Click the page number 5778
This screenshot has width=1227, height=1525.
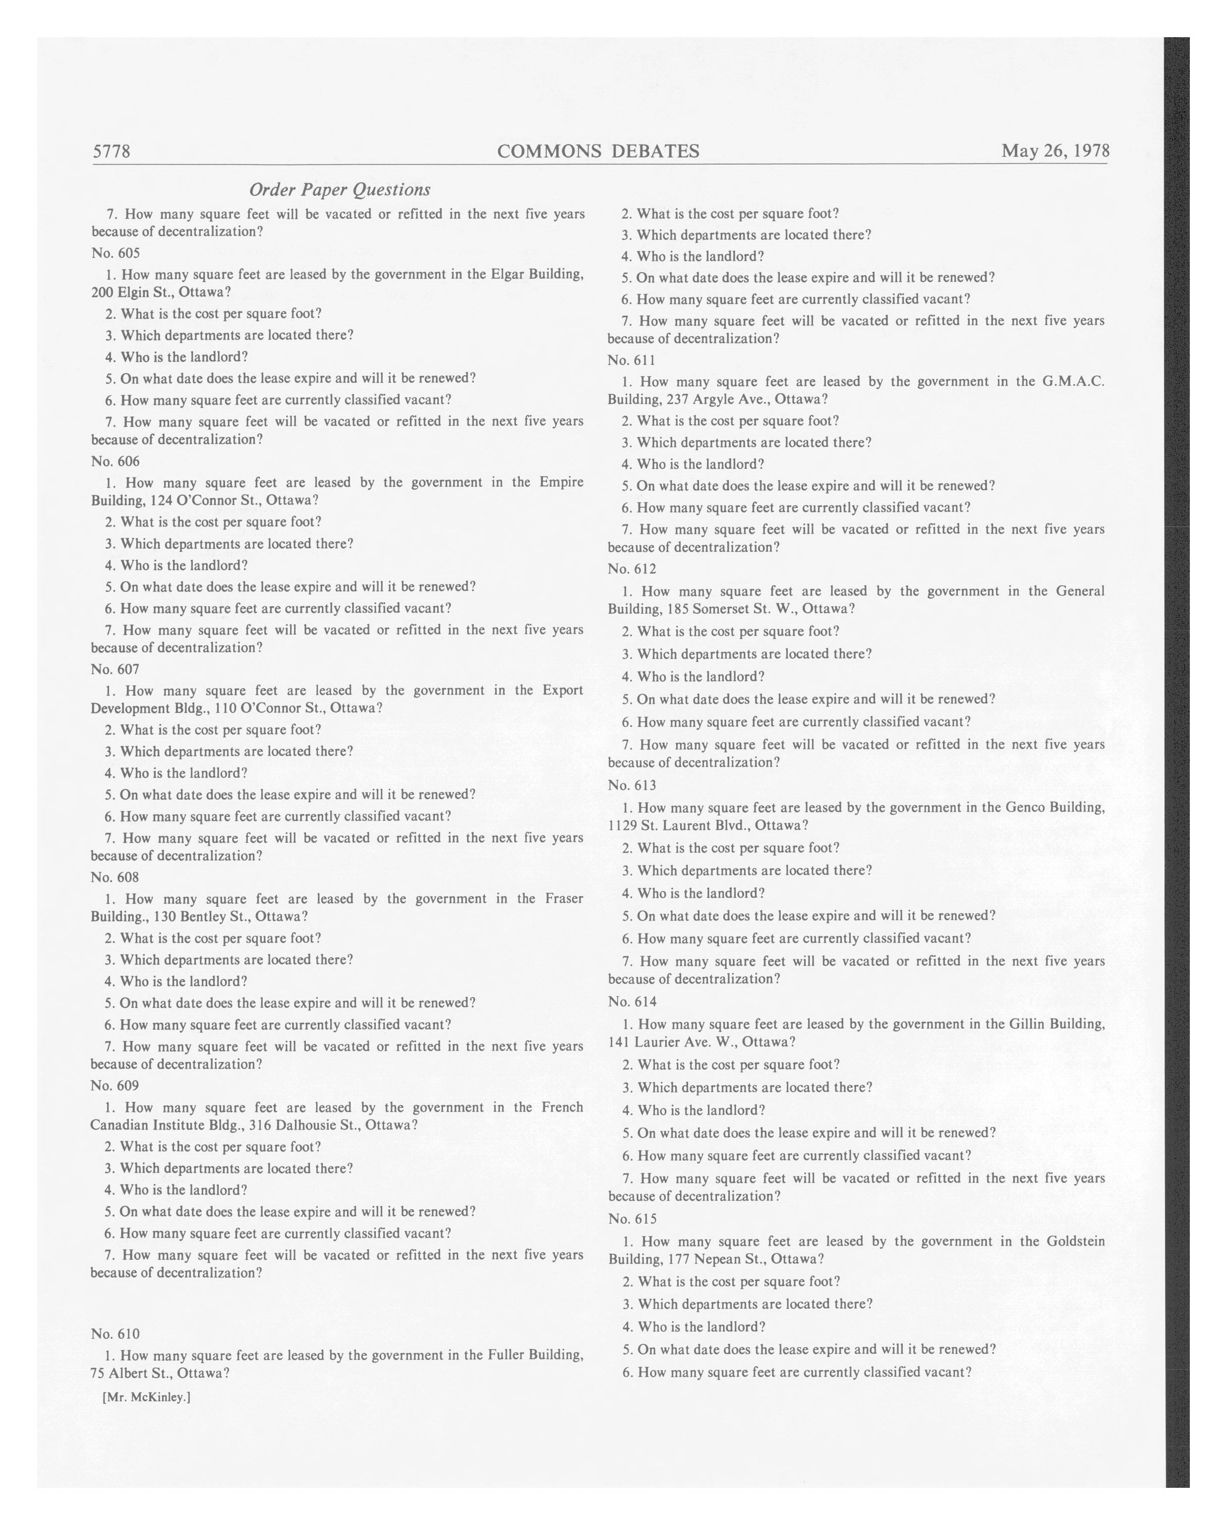(112, 151)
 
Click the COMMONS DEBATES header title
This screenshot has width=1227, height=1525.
(598, 151)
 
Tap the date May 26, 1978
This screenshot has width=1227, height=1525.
(1054, 151)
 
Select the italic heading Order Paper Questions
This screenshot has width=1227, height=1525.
(340, 189)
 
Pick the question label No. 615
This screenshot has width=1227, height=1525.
(632, 1218)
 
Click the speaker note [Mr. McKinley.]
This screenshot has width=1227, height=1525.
(146, 1397)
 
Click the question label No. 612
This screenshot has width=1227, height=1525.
(632, 569)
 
